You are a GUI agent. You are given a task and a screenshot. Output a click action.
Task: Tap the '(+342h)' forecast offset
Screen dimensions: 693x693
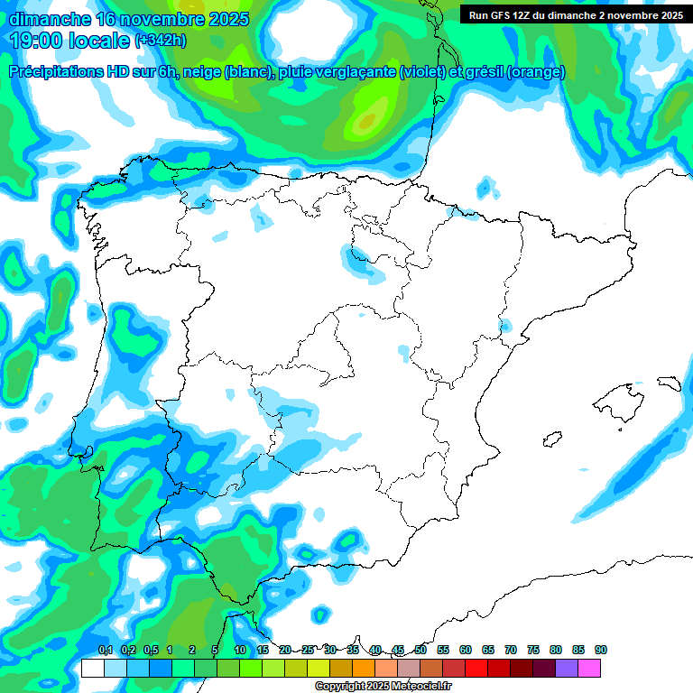click(x=161, y=41)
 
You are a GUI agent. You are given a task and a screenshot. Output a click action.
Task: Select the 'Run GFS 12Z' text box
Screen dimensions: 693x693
click(x=572, y=14)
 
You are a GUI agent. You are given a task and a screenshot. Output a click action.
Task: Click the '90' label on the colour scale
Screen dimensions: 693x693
click(x=601, y=650)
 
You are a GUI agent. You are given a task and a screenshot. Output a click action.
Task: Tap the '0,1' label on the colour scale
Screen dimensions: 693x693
click(x=105, y=650)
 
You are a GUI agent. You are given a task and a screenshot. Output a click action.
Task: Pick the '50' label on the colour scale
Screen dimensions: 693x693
click(x=420, y=650)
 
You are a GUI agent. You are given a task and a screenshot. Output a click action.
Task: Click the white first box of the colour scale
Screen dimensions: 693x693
click(x=92, y=669)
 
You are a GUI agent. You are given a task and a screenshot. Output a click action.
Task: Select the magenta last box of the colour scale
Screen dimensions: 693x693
click(x=589, y=669)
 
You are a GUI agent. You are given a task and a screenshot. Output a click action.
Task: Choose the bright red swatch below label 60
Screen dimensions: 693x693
click(x=476, y=669)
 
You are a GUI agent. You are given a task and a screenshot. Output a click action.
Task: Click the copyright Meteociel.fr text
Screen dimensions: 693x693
click(x=383, y=687)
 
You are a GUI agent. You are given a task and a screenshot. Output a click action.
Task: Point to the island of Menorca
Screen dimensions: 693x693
click(x=669, y=383)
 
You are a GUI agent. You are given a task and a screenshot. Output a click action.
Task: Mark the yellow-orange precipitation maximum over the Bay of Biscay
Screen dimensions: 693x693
click(x=366, y=120)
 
